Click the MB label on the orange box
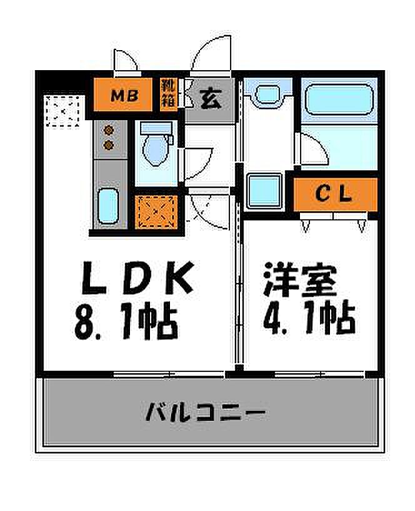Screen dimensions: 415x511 pos(124,96)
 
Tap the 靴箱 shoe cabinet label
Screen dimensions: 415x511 pos(169,94)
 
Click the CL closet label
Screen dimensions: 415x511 pos(334,194)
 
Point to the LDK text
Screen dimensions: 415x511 pos(138,277)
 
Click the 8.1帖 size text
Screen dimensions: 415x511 pos(126,321)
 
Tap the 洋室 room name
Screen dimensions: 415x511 pos(300,280)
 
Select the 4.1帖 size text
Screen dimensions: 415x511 pos(309,317)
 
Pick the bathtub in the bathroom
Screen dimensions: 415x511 pos(339,100)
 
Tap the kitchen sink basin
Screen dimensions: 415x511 pos(107,206)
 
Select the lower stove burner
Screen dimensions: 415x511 pos(109,145)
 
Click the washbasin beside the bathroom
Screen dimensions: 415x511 pos(267,95)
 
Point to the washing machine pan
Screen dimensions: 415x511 pos(264,191)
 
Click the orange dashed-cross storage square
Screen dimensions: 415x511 pos(156,212)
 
